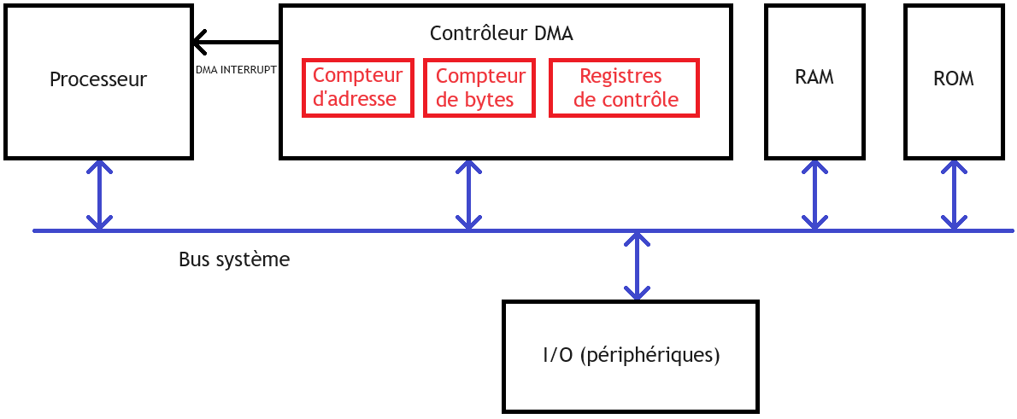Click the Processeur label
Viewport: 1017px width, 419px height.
tap(98, 79)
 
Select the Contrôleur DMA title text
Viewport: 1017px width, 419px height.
tap(502, 33)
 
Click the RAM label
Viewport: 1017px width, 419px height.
tap(814, 78)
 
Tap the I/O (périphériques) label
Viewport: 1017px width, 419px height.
tap(631, 356)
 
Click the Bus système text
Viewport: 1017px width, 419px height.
tap(234, 259)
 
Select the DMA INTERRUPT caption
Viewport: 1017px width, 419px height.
tap(236, 68)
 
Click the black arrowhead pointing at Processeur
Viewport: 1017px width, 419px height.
tap(199, 43)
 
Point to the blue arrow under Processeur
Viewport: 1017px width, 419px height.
tap(98, 195)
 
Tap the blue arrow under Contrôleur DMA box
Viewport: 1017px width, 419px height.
tap(468, 195)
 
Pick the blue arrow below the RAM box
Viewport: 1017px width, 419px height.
tap(814, 195)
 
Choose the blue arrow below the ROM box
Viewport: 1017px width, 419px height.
tap(954, 195)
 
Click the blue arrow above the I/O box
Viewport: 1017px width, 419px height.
tap(637, 265)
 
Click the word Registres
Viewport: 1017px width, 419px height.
tap(620, 77)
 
